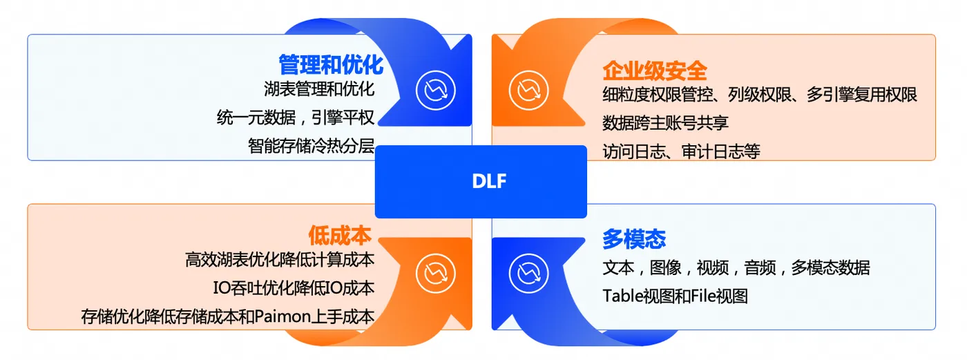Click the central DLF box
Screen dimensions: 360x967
tap(480, 182)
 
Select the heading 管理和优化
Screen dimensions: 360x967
tap(330, 65)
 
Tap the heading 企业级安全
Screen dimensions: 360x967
tap(654, 70)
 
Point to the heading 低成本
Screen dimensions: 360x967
tap(340, 236)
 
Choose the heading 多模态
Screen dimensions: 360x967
tap(634, 239)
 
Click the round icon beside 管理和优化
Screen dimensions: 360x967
tap(435, 90)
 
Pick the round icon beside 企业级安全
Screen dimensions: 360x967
tap(528, 90)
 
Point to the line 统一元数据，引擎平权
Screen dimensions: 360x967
tap(296, 117)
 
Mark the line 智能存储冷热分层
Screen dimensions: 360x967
tap(311, 146)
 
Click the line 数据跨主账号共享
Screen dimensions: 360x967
tap(665, 123)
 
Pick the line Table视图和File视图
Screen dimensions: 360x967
tap(675, 296)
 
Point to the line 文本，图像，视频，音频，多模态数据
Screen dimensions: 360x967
tap(736, 267)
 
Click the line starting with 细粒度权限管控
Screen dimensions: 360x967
tap(760, 94)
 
